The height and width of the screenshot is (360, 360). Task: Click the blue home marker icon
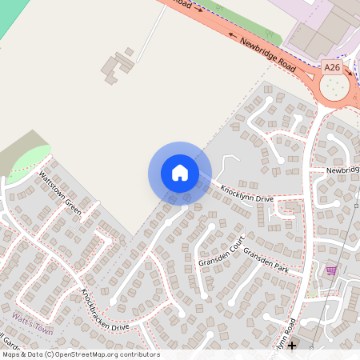click(x=180, y=172)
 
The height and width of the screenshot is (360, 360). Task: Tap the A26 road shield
click(x=332, y=69)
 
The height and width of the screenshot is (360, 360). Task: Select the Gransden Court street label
click(x=219, y=253)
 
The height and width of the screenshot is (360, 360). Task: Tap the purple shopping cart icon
click(x=331, y=271)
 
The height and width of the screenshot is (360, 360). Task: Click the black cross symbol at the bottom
click(x=292, y=346)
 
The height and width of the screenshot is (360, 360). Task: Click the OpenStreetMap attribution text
click(x=80, y=354)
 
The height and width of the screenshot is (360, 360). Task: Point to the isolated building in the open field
click(x=118, y=66)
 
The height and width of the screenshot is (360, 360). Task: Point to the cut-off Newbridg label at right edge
click(x=342, y=170)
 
